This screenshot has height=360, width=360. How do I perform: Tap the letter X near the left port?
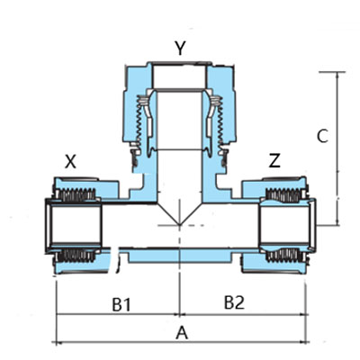[x=72, y=162]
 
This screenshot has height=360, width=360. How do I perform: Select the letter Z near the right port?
[x=274, y=161]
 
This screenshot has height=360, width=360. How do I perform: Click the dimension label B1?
[x=122, y=303]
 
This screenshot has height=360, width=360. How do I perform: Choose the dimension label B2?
[x=233, y=302]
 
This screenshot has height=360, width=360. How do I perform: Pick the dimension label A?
[x=181, y=333]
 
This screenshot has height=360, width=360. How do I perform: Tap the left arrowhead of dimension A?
[x=59, y=343]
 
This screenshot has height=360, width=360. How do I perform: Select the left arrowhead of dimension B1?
[x=59, y=314]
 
